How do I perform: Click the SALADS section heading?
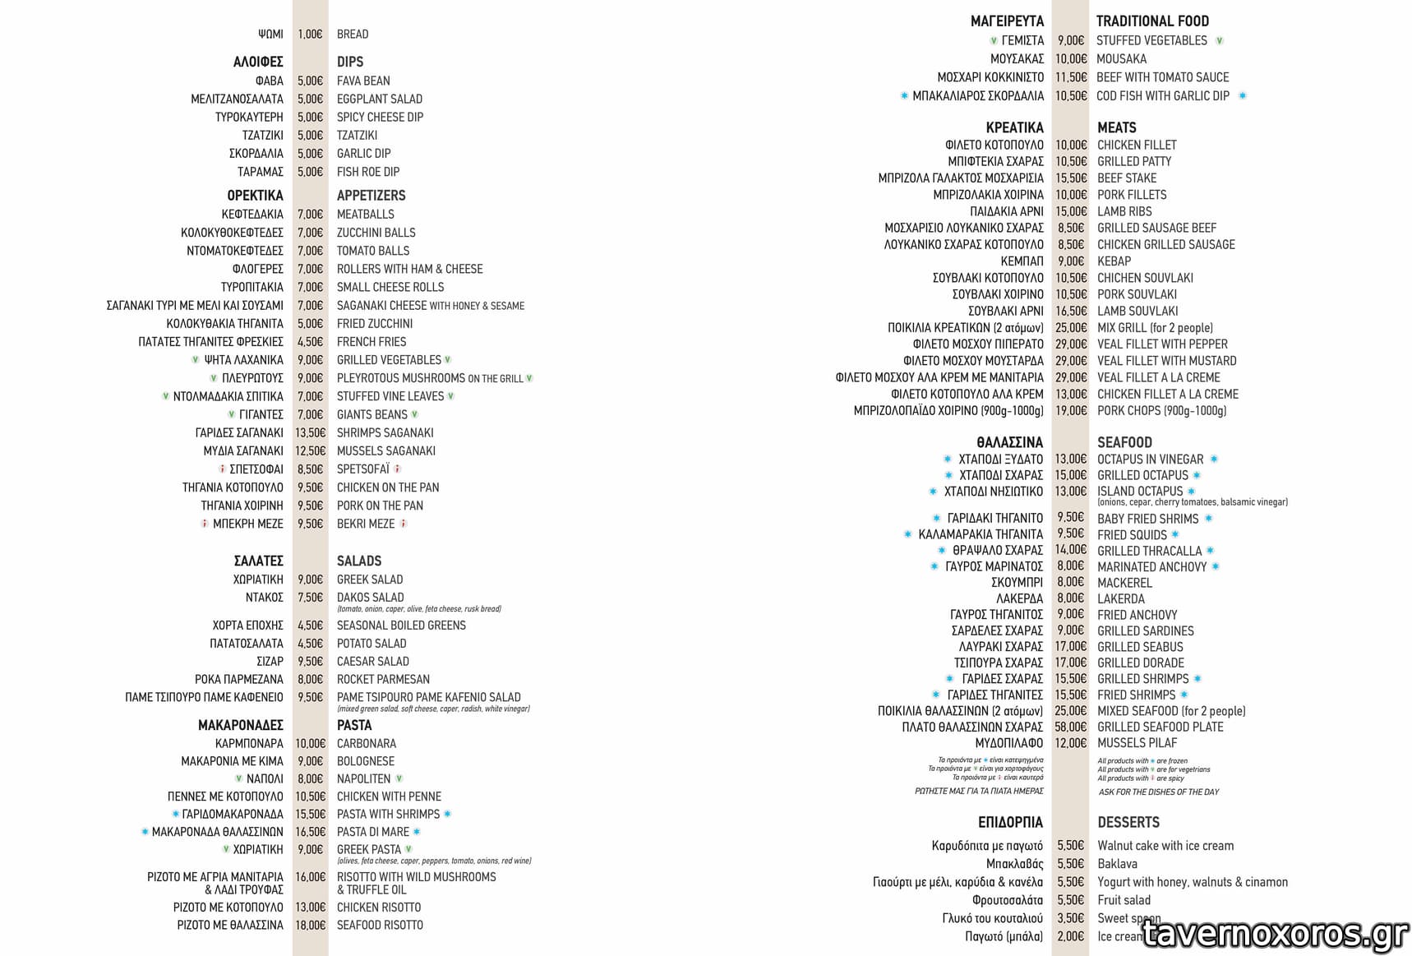[x=359, y=561]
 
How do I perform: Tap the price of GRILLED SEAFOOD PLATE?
[x=1070, y=727]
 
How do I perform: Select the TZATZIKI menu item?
[x=357, y=135]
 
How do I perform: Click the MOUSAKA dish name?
[x=1121, y=59]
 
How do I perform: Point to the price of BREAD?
[x=310, y=35]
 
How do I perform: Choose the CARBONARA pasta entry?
[x=366, y=743]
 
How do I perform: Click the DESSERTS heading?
[x=1128, y=822]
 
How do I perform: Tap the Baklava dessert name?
[x=1117, y=864]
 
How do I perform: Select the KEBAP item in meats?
[x=1114, y=261]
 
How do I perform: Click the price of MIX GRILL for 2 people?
[x=1071, y=328]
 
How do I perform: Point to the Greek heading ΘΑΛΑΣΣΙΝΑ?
[x=1009, y=442]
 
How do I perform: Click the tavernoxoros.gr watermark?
[x=1275, y=934]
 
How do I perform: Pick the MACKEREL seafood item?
[x=1124, y=583]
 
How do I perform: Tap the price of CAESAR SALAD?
[x=310, y=661]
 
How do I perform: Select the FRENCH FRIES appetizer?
[x=371, y=342]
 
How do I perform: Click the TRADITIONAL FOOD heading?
[x=1152, y=21]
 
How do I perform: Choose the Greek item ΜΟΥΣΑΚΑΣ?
[x=1017, y=59]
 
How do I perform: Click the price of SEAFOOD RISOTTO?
[x=310, y=925]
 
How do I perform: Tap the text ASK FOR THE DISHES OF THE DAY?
[x=1159, y=792]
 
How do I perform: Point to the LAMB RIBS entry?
[x=1124, y=211]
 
